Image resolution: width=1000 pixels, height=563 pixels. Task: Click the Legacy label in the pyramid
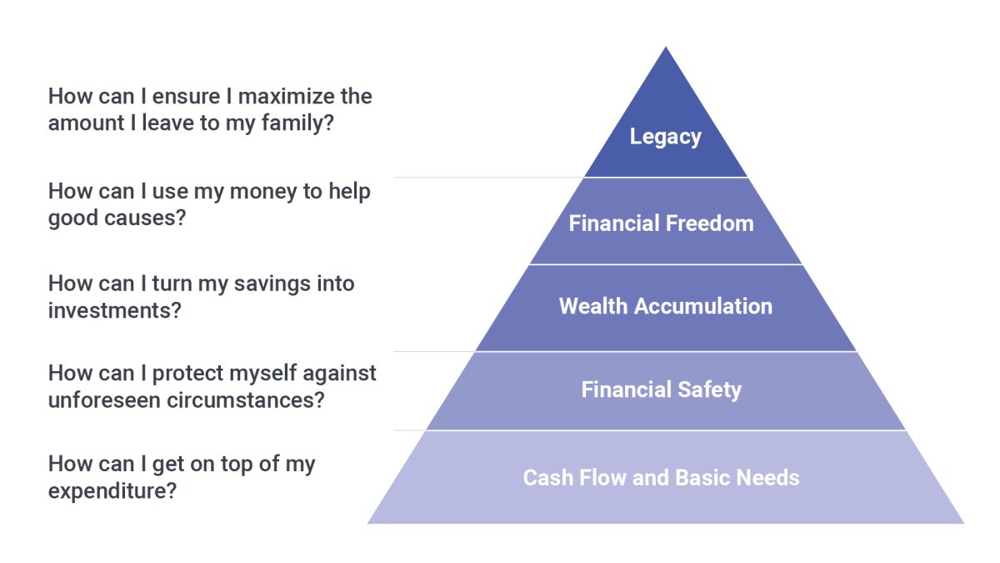click(665, 137)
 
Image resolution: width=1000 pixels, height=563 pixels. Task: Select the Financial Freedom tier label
click(661, 223)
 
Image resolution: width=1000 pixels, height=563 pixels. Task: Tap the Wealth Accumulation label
click(666, 306)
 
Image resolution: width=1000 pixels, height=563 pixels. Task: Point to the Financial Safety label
click(661, 390)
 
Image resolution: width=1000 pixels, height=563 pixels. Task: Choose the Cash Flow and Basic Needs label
click(661, 478)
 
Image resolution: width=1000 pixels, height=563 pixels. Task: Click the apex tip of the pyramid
click(666, 47)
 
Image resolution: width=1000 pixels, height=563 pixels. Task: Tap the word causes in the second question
click(145, 218)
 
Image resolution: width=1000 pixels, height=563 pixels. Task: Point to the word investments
click(115, 310)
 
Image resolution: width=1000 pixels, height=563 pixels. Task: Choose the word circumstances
click(246, 400)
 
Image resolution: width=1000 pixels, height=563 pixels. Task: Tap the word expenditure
click(112, 491)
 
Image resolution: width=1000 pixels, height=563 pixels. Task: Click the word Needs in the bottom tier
click(767, 478)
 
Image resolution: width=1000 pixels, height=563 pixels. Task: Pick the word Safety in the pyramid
click(710, 390)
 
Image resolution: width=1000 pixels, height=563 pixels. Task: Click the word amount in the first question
click(87, 123)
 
